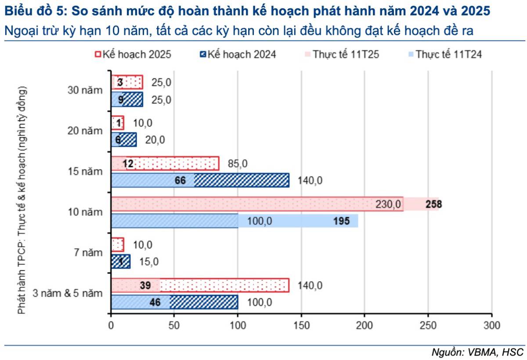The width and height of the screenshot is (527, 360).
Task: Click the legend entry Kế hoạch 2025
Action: pos(133,55)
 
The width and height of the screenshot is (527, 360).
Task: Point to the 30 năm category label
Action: pos(85,91)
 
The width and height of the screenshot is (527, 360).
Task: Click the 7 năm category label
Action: pos(88,253)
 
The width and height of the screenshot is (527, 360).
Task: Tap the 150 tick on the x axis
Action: pos(301,326)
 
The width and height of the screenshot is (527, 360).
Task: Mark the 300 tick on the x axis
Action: pos(491,326)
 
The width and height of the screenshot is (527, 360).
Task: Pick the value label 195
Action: pos(341,221)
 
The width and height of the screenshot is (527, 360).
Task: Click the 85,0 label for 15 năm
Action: pos(238,164)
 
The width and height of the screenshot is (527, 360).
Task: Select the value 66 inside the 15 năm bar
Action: pos(181,180)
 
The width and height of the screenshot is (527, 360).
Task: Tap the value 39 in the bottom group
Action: pos(144,285)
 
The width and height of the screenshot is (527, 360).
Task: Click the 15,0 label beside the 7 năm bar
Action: pos(149,262)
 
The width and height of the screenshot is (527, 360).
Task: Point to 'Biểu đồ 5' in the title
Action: pos(31,11)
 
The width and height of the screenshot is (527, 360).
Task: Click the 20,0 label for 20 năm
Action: pos(155,140)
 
